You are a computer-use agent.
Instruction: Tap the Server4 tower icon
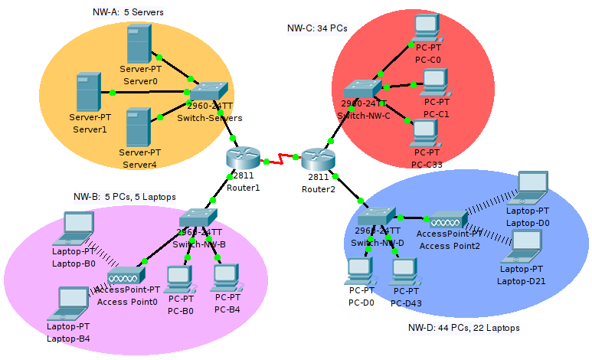138,126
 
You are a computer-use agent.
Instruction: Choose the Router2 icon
318,159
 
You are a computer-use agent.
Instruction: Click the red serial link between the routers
281,159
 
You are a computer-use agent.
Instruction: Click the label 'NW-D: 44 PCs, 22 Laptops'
463,328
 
